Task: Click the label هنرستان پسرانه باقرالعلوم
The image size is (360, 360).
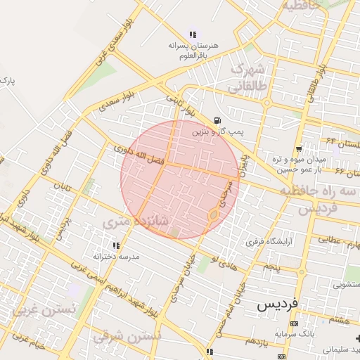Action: click(193, 50)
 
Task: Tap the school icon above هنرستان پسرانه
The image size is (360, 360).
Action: click(193, 34)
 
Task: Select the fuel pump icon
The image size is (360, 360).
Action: click(217, 120)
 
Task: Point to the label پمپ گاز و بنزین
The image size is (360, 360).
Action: click(218, 131)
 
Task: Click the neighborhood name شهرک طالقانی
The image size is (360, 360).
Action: click(245, 77)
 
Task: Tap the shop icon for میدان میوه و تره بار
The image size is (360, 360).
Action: click(300, 149)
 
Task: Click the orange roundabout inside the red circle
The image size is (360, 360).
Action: click(212, 215)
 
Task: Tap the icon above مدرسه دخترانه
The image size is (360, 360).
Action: click(116, 245)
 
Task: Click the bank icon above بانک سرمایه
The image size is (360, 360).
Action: click(293, 323)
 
